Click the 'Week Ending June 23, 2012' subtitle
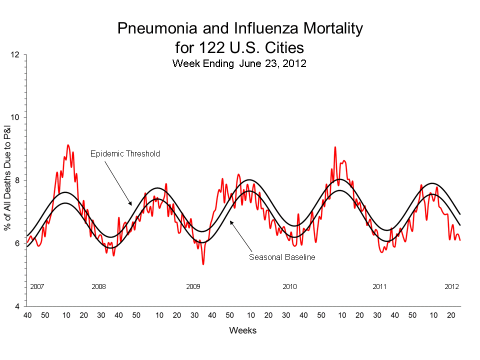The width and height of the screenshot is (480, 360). pos(239,63)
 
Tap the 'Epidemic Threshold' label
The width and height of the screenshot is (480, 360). pos(125,153)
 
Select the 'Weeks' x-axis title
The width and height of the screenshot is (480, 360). pos(243,330)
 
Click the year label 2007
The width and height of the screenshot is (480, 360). pos(37,287)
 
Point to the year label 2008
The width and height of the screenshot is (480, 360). pos(99,287)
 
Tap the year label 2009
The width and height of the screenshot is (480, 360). pos(193,287)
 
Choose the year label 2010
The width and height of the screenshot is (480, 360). pos(289,287)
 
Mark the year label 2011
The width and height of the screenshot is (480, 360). pos(379,287)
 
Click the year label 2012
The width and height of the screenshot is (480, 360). pos(452,287)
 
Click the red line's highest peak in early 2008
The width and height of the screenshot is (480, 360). pos(68,145)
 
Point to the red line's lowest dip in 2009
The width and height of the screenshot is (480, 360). pos(203,263)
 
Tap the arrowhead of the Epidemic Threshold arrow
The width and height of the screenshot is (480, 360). pos(130,204)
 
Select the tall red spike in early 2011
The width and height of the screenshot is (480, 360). pos(335,147)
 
